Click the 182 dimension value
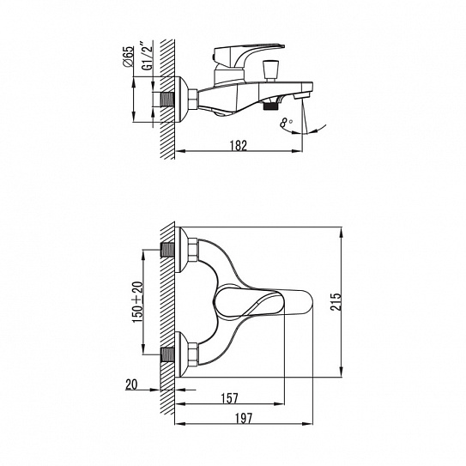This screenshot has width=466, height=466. [239, 145]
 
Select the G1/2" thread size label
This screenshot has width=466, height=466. [147, 58]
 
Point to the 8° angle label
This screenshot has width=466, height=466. [287, 123]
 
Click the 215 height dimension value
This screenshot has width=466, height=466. [336, 301]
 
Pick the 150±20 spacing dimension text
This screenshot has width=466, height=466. [138, 302]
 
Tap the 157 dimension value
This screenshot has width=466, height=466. [230, 398]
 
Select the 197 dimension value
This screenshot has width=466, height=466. [244, 418]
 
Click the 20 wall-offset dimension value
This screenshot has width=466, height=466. [131, 384]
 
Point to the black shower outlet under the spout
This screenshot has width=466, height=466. [270, 106]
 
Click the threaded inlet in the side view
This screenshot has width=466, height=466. [167, 100]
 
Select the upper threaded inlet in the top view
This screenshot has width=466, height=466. [167, 250]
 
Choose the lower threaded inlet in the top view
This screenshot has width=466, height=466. [167, 354]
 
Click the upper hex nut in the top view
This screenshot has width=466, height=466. [193, 250]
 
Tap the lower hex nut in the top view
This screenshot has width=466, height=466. [193, 354]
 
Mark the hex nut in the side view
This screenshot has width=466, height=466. [193, 100]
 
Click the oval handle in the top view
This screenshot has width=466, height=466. [263, 302]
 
